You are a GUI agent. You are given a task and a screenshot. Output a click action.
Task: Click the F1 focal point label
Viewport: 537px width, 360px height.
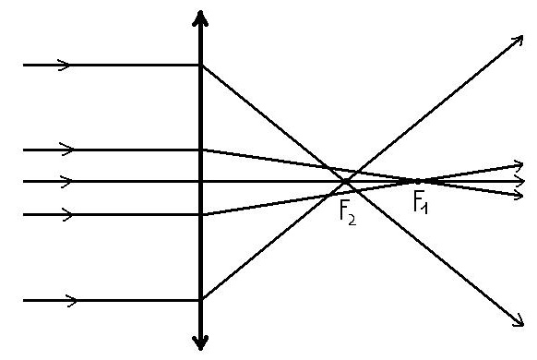421,202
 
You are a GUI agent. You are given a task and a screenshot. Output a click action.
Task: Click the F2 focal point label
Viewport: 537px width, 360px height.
348,214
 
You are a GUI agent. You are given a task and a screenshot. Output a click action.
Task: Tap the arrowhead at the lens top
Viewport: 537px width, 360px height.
200,18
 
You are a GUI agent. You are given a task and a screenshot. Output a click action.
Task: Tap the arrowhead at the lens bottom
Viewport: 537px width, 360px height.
200,342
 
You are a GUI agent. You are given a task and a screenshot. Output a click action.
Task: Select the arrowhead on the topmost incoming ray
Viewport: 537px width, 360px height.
64,65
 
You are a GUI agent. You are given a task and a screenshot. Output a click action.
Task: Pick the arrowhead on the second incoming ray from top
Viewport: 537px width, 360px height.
66,150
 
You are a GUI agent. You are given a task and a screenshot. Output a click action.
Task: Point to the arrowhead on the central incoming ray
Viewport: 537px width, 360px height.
66,181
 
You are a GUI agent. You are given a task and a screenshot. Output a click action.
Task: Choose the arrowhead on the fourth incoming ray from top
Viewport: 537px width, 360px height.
66,214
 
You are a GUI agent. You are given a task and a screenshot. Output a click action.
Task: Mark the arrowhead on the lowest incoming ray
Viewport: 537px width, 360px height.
71,301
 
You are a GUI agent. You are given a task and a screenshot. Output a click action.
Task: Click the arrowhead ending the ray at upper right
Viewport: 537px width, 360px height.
518,41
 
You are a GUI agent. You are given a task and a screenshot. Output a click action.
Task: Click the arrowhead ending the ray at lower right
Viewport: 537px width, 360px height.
518,320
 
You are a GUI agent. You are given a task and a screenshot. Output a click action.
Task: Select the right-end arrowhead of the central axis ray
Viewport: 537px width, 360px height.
519,181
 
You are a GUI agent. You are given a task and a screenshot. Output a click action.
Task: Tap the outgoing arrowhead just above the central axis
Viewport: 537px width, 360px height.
518,166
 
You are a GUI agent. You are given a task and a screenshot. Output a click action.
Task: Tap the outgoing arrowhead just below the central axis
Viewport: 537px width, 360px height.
518,196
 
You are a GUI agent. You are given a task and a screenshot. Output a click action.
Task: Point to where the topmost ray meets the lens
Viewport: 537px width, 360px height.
201,65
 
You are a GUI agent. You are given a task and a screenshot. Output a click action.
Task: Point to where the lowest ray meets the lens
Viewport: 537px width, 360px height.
201,300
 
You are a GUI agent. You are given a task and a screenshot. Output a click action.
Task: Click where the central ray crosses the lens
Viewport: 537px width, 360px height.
201,181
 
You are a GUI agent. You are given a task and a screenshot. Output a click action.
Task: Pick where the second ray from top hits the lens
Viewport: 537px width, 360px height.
201,150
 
